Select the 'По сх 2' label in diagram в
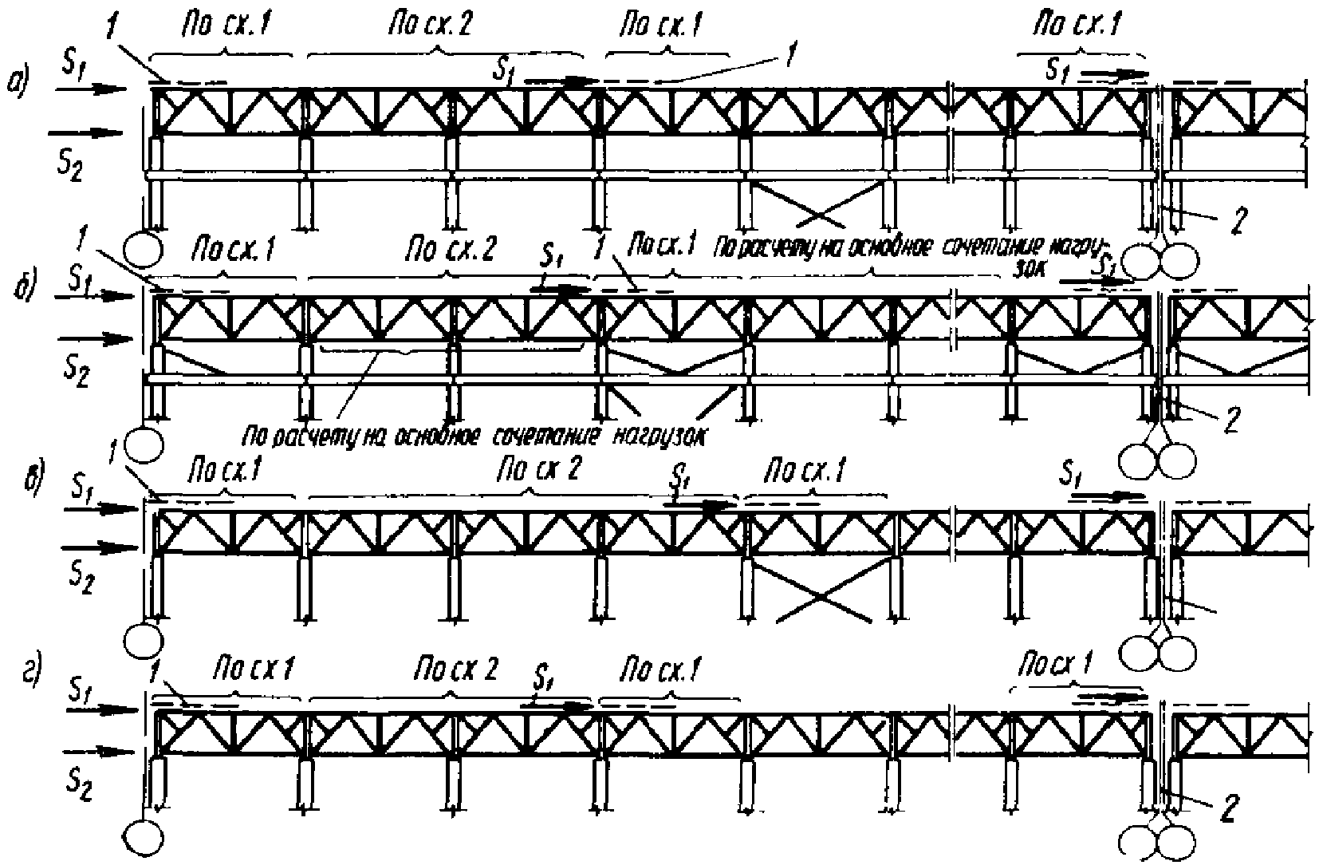click(535, 471)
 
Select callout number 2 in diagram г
click(1229, 809)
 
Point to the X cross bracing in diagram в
click(821, 591)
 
